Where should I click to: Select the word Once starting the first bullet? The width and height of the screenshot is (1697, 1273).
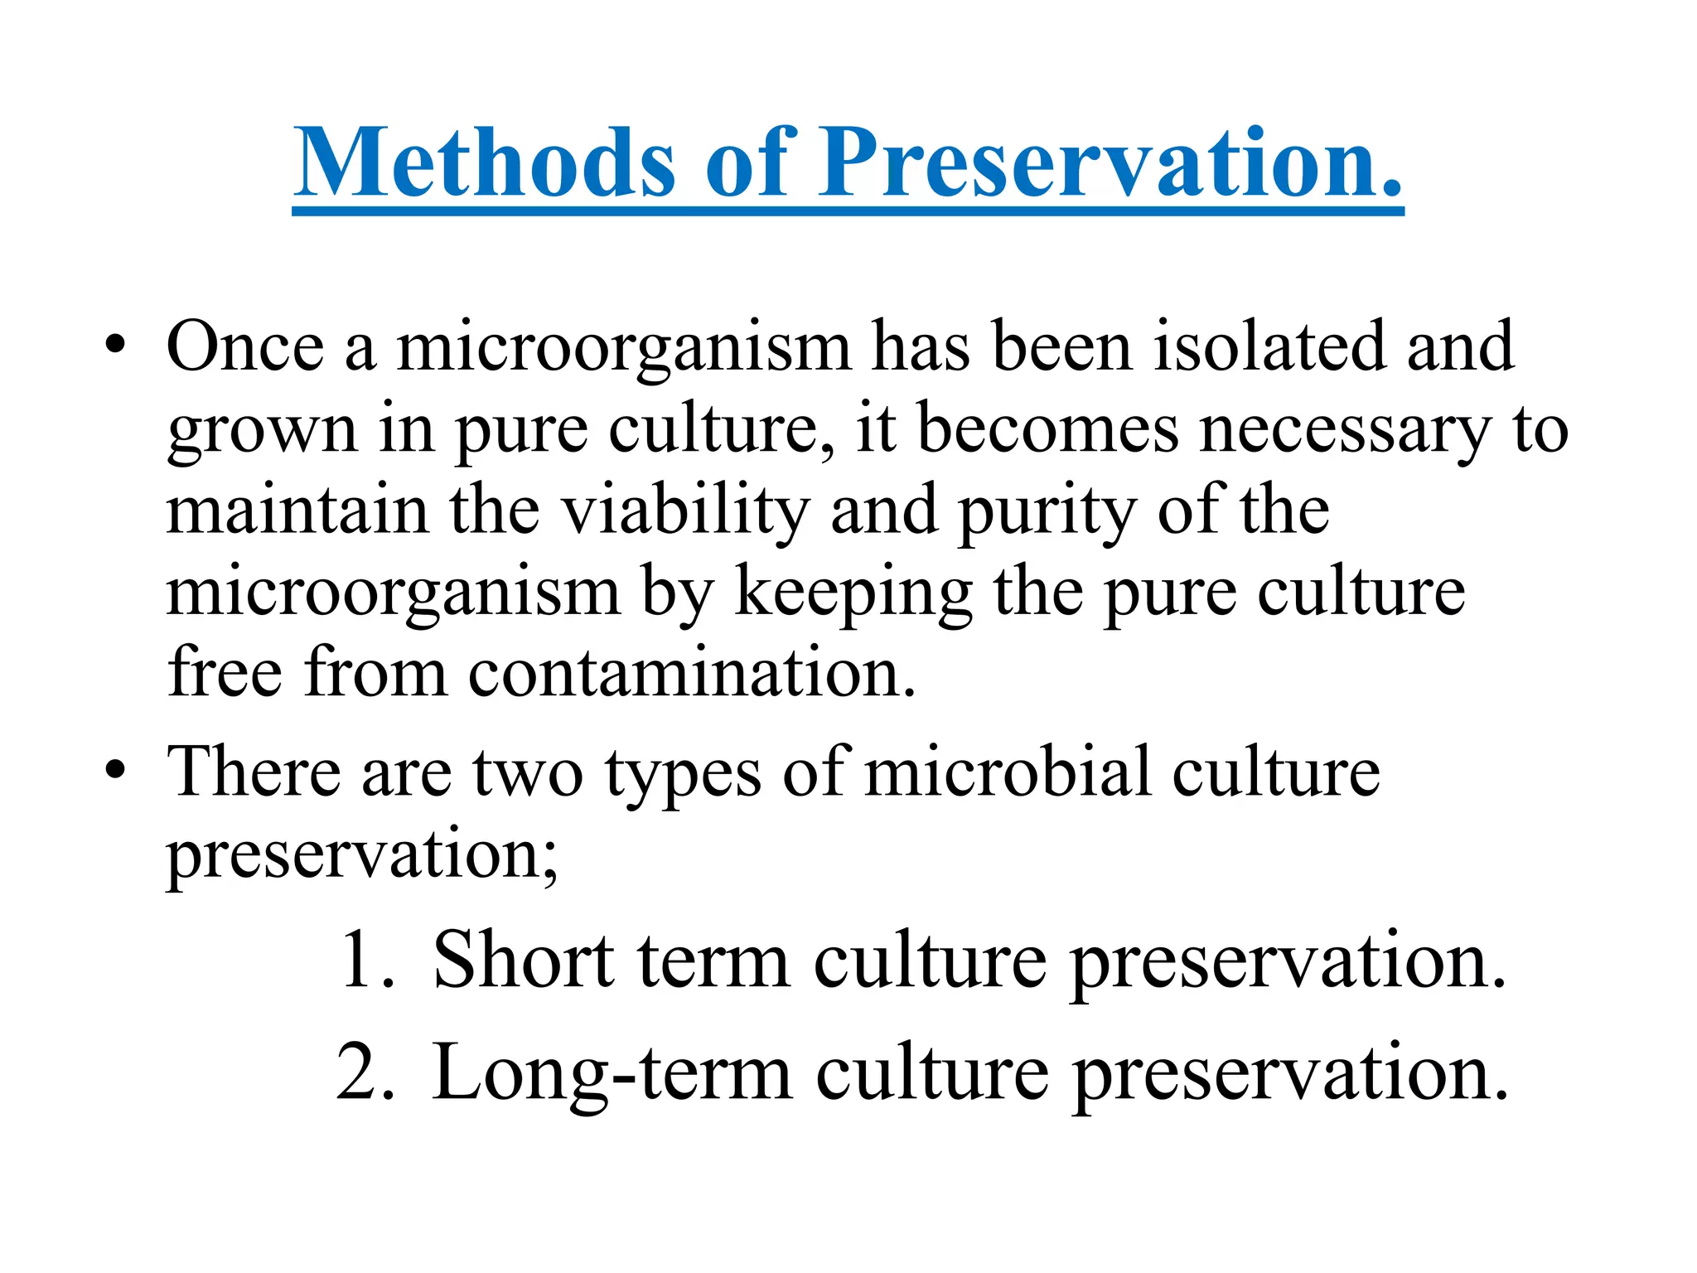click(245, 346)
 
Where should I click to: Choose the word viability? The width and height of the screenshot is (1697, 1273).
click(686, 511)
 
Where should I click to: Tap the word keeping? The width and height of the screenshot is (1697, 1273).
click(853, 592)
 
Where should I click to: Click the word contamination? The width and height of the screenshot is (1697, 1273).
click(692, 672)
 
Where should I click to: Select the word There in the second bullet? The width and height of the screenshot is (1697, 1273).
click(254, 772)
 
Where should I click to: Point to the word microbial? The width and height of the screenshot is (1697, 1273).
click(1008, 772)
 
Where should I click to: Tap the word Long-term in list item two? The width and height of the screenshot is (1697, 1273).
click(612, 1073)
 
